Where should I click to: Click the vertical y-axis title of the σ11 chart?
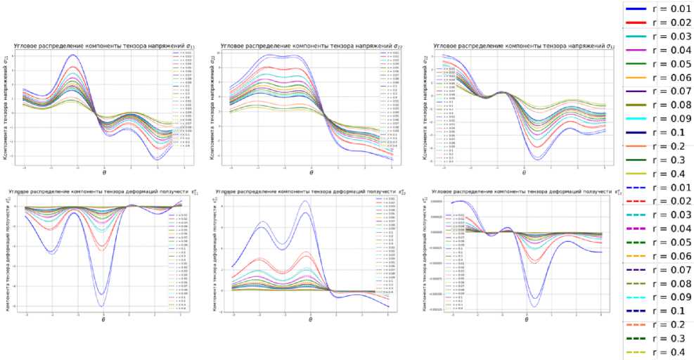[x=6, y=108]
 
